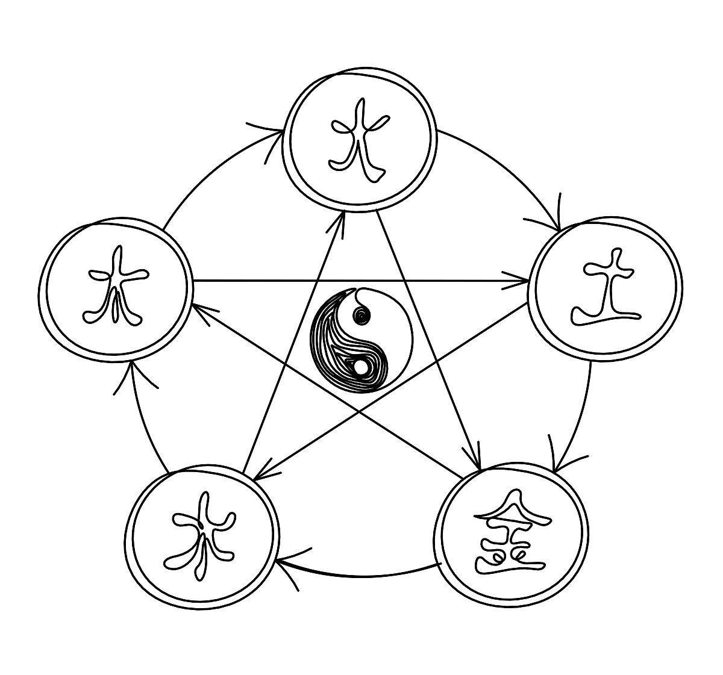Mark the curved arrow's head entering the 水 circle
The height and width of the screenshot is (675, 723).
[x=278, y=562]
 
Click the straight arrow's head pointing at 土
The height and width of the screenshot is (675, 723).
[x=527, y=281]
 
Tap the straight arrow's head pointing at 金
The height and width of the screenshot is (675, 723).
[x=478, y=466]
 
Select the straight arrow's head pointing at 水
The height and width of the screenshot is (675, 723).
[x=255, y=478]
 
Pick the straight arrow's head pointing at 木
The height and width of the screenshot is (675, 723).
[x=195, y=306]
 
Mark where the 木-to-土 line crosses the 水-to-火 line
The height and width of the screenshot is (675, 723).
[x=318, y=281]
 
